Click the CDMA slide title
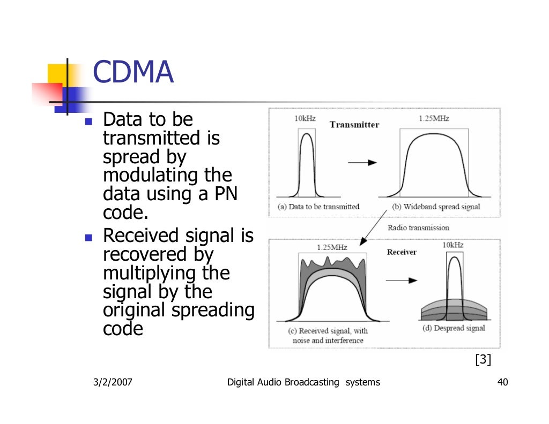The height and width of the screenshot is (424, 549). point(133,72)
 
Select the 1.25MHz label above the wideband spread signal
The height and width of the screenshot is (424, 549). point(434,118)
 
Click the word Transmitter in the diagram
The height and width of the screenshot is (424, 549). point(354,125)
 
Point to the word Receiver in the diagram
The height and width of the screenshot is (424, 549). point(402,252)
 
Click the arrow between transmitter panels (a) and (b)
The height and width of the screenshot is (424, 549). point(362,162)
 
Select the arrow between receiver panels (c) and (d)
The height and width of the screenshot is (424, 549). point(402,280)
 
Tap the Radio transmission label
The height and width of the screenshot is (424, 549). point(418,228)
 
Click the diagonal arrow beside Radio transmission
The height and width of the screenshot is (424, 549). point(374,227)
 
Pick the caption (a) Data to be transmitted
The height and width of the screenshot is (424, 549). point(318,207)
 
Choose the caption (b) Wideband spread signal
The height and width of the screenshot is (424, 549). point(436,207)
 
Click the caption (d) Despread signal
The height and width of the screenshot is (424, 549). point(453,328)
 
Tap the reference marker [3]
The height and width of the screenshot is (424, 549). point(483,360)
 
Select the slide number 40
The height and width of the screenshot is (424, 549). point(503,382)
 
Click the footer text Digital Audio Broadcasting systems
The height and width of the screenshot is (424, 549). point(303,382)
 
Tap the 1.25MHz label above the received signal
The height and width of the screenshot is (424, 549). point(332,247)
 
